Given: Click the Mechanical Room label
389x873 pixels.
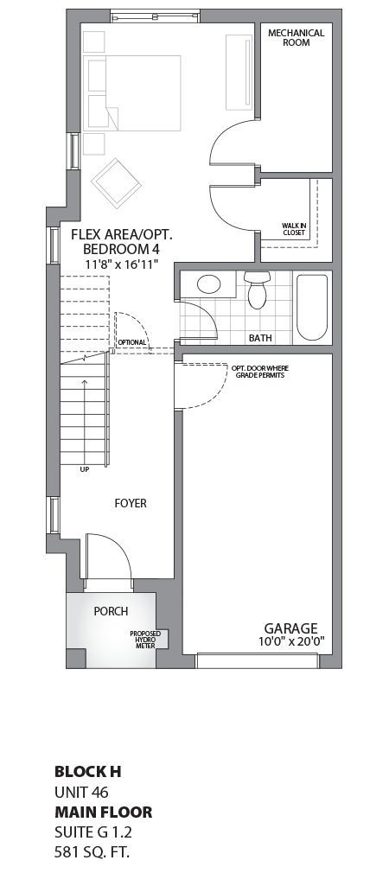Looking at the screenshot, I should pyautogui.click(x=296, y=37).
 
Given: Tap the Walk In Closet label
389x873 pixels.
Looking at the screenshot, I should pyautogui.click(x=294, y=228).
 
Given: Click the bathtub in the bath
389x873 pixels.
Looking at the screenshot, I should pyautogui.click(x=312, y=306).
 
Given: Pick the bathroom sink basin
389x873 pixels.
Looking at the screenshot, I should pyautogui.click(x=208, y=284).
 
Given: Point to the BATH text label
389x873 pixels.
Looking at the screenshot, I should pyautogui.click(x=260, y=338).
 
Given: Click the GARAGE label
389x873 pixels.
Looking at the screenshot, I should pyautogui.click(x=290, y=628).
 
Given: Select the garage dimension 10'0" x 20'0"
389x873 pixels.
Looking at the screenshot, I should pyautogui.click(x=290, y=642).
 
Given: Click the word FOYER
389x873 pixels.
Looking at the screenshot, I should pyautogui.click(x=131, y=503).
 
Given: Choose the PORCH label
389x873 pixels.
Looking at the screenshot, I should pyautogui.click(x=111, y=611).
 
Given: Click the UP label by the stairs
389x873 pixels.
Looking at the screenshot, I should pyautogui.click(x=84, y=469).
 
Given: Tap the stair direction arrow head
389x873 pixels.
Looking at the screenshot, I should pyautogui.click(x=84, y=381).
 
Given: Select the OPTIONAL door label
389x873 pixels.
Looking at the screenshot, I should pyautogui.click(x=132, y=342).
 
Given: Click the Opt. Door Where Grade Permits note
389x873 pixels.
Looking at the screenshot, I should pyautogui.click(x=258, y=372).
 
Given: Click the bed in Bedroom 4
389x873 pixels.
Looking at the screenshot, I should pyautogui.click(x=134, y=92).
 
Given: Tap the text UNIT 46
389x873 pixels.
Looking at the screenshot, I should pyautogui.click(x=81, y=791).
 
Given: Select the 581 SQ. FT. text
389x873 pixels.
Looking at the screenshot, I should pyautogui.click(x=91, y=852).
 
